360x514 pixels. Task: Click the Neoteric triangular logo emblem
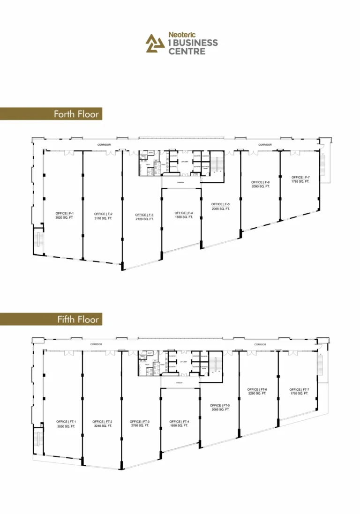point(155,44)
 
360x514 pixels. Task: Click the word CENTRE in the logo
point(187,51)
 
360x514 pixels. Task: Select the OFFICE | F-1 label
point(65,214)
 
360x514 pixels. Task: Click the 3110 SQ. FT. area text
point(103,218)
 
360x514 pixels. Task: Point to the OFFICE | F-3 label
point(144,215)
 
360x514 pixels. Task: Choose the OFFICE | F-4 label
point(184,213)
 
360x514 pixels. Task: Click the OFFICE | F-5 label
point(220,204)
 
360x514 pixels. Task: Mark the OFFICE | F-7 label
point(300,177)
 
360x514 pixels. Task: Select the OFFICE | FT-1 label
point(66,422)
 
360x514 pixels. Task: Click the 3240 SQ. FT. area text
point(102,426)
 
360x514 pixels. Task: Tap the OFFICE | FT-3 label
point(140,422)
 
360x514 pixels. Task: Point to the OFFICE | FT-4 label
point(179,422)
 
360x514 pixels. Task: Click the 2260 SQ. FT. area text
point(257,394)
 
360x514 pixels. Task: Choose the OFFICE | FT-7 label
point(299,389)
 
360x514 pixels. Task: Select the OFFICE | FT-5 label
point(219,405)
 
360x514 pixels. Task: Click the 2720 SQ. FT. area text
point(144,219)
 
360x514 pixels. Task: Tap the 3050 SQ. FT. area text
point(66,426)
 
